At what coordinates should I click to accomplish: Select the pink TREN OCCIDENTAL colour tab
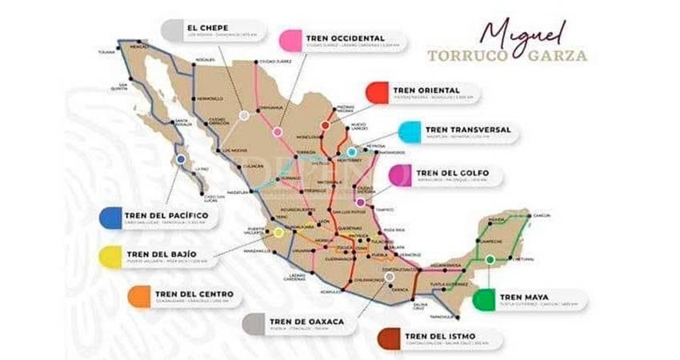tap(290, 39)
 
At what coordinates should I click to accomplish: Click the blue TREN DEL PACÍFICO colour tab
tap(110, 218)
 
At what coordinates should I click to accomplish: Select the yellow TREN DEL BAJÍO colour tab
tap(110, 257)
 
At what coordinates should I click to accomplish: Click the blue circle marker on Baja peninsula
tap(182, 159)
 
